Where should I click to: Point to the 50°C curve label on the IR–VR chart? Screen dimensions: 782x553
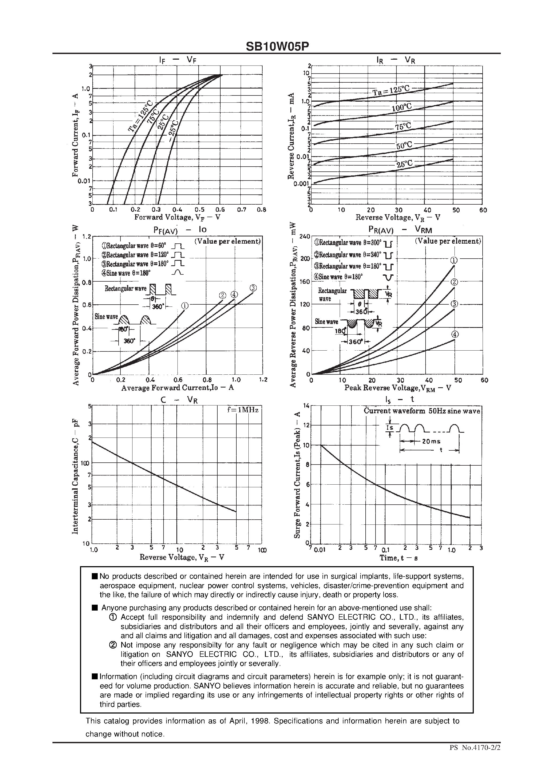pyautogui.click(x=404, y=146)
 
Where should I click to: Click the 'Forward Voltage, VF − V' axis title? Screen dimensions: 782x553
pyautogui.click(x=177, y=217)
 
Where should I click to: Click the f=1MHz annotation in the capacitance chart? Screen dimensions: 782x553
pyautogui.click(x=243, y=410)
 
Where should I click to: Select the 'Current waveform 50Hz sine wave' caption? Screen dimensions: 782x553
pyautogui.click(x=422, y=411)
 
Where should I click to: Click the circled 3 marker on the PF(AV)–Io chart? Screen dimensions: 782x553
pyautogui.click(x=253, y=288)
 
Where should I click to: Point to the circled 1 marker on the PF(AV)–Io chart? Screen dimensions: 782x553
pyautogui.click(x=184, y=306)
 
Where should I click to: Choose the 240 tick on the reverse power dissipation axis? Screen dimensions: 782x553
pyautogui.click(x=304, y=237)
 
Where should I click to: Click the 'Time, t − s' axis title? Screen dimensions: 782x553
pyautogui.click(x=399, y=558)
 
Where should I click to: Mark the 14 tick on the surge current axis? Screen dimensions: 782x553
pyautogui.click(x=306, y=406)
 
